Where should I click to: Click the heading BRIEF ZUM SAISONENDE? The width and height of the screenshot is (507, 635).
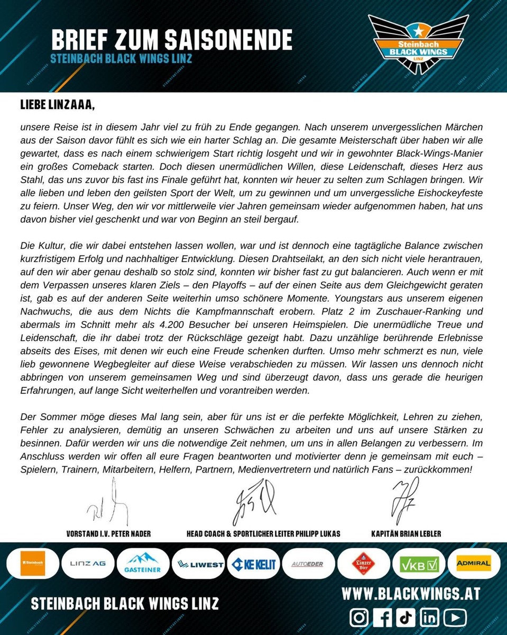coord(172,40)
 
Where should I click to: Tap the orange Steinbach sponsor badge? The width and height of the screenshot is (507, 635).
coord(32,564)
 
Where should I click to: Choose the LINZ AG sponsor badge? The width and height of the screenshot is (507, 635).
coord(88,564)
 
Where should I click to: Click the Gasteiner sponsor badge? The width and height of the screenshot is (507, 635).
coord(143,564)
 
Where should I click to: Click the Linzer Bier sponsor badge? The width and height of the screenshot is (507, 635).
coord(363,564)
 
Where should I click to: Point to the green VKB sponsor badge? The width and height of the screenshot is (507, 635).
coord(419,564)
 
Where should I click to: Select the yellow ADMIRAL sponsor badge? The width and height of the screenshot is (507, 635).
coord(474,563)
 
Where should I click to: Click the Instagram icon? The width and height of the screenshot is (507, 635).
coord(359,618)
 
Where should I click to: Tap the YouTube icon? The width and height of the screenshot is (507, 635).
coord(455,618)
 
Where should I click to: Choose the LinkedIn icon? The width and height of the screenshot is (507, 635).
coord(430,618)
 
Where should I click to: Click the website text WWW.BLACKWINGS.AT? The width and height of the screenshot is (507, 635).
coord(411,594)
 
